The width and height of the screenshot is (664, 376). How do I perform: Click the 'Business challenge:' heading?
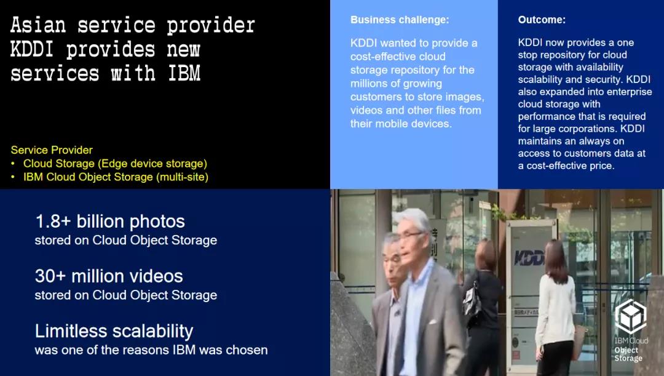pos(400,20)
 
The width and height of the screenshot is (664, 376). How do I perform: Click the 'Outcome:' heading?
pos(542,20)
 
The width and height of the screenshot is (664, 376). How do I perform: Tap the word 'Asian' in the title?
pos(38,25)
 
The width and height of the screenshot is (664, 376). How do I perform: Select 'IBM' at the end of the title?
pos(184,73)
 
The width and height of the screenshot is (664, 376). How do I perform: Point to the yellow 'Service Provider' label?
pos(52,150)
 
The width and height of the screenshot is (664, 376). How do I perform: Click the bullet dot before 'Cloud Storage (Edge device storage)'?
pos(13,164)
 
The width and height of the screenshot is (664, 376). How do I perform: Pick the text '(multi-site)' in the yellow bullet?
pos(182,177)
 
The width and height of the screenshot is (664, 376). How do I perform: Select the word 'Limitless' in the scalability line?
pos(71,331)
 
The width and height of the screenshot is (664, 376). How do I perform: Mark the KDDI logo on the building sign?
pos(529,257)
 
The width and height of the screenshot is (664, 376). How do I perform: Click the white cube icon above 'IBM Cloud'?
pos(631,317)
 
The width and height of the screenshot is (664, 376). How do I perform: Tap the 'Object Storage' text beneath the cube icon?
pos(628,354)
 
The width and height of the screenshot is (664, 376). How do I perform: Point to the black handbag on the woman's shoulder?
pos(472,302)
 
